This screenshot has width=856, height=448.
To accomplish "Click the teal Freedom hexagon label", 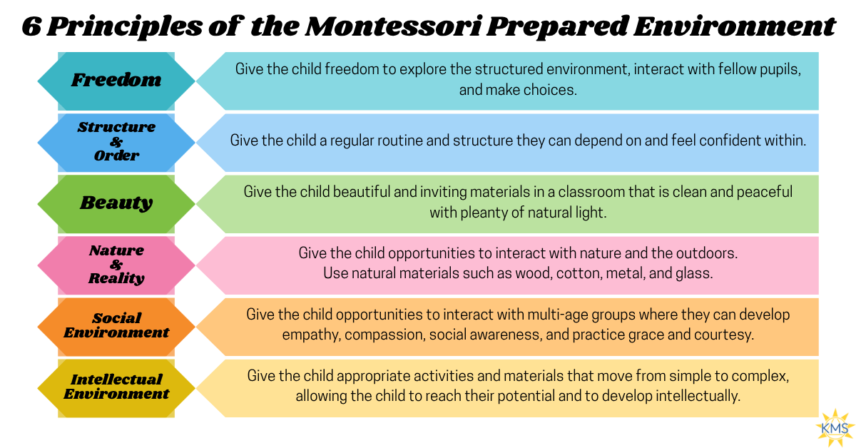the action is pyautogui.click(x=116, y=81).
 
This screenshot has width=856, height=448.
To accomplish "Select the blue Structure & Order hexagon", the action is pyautogui.click(x=116, y=143).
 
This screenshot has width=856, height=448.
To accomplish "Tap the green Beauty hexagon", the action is pyautogui.click(x=116, y=204).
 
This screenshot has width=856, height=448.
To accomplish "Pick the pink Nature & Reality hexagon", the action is pyautogui.click(x=116, y=265).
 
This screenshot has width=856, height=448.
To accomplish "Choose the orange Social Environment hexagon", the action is pyautogui.click(x=116, y=327).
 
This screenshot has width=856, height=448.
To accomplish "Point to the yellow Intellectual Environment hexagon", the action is pyautogui.click(x=116, y=388).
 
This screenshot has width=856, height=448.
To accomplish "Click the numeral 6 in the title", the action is pyautogui.click(x=31, y=27).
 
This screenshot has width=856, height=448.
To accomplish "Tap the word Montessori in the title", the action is pyautogui.click(x=392, y=27).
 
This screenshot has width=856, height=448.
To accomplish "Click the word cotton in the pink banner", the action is pyautogui.click(x=579, y=274).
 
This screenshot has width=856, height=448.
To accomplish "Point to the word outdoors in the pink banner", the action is pyautogui.click(x=707, y=253).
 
